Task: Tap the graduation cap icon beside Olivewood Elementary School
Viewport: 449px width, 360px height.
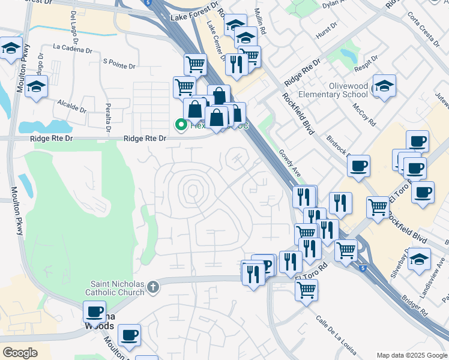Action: (384, 86)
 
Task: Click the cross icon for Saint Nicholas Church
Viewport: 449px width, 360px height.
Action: (153, 286)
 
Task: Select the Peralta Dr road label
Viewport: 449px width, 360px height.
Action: (107, 119)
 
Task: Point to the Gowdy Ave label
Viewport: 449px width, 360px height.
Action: (289, 163)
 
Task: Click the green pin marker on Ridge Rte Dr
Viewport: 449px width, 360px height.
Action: (179, 125)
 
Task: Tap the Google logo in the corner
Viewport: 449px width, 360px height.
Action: (20, 353)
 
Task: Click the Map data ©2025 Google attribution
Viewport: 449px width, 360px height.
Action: (412, 355)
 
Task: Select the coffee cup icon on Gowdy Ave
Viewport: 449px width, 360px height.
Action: (358, 166)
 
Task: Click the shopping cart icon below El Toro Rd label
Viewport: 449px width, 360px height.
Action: (307, 290)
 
